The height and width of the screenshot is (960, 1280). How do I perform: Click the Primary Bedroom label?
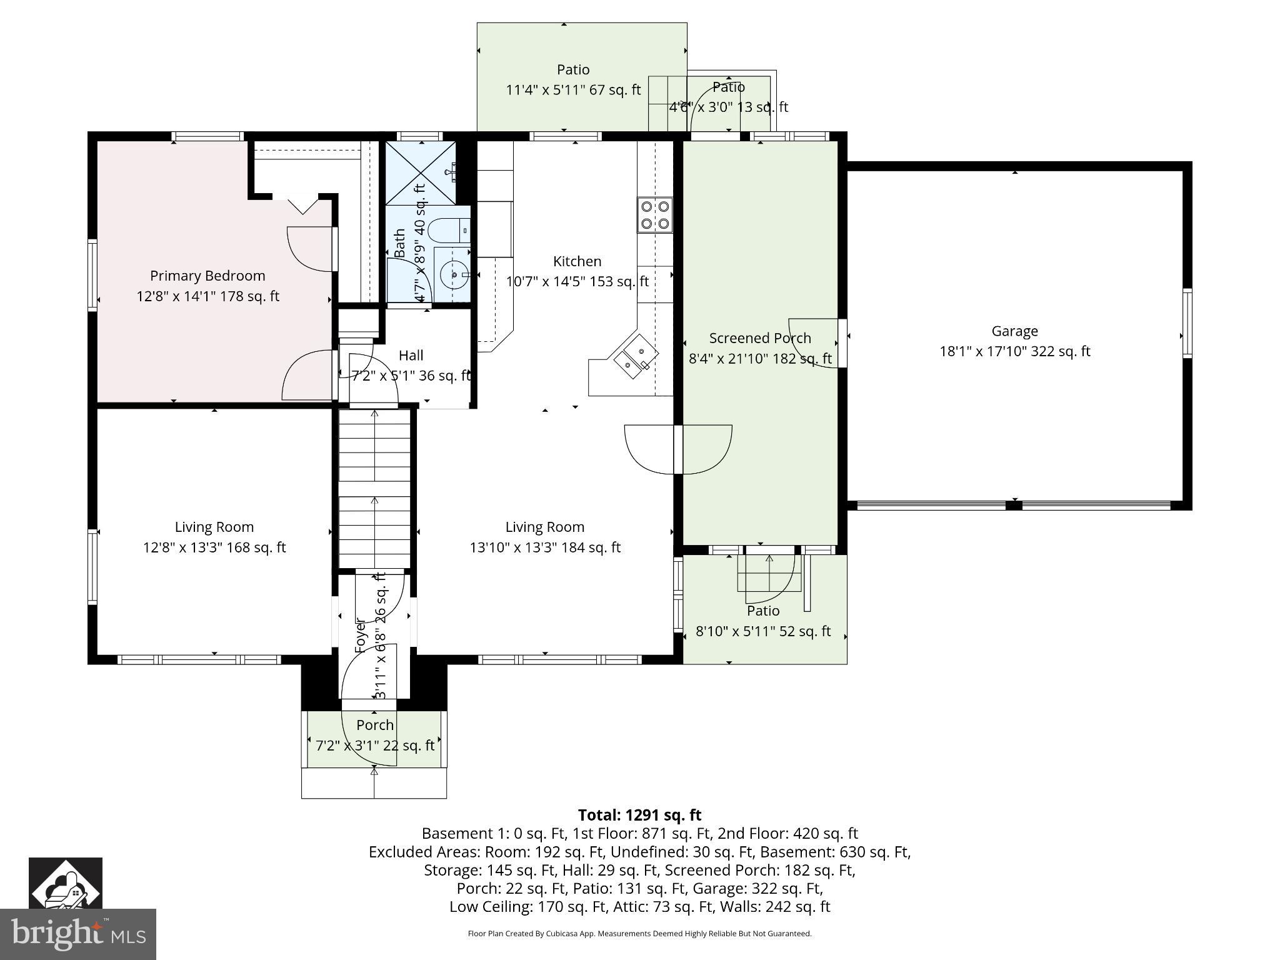(207, 276)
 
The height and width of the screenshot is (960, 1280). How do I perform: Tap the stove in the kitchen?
(654, 215)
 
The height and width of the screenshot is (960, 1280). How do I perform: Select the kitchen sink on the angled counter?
(636, 356)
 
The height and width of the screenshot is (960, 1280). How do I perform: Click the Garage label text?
(1014, 331)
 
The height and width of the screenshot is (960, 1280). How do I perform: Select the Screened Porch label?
(760, 338)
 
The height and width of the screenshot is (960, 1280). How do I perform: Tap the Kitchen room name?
(577, 261)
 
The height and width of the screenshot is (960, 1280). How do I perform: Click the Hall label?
(411, 355)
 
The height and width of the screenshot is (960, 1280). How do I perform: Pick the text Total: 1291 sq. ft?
(639, 815)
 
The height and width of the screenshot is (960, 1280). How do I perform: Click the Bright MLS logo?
(78, 934)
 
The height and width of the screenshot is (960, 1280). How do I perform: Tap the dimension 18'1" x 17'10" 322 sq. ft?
(1014, 351)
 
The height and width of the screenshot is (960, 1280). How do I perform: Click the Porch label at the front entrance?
(375, 725)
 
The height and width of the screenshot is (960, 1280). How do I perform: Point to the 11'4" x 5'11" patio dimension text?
(573, 90)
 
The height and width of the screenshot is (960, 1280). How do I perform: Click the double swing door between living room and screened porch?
(678, 449)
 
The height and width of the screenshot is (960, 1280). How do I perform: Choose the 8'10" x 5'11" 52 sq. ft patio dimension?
(763, 631)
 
